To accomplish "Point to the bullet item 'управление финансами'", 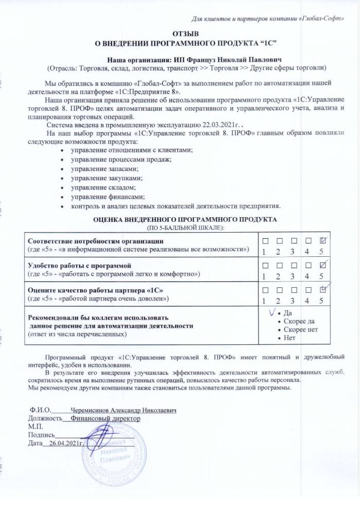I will pyautogui.click(x=103, y=197).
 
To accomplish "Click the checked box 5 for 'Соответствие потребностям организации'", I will pyautogui.click(x=322, y=241).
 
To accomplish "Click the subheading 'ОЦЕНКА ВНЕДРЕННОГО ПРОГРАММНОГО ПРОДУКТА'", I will pyautogui.click(x=185, y=219).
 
